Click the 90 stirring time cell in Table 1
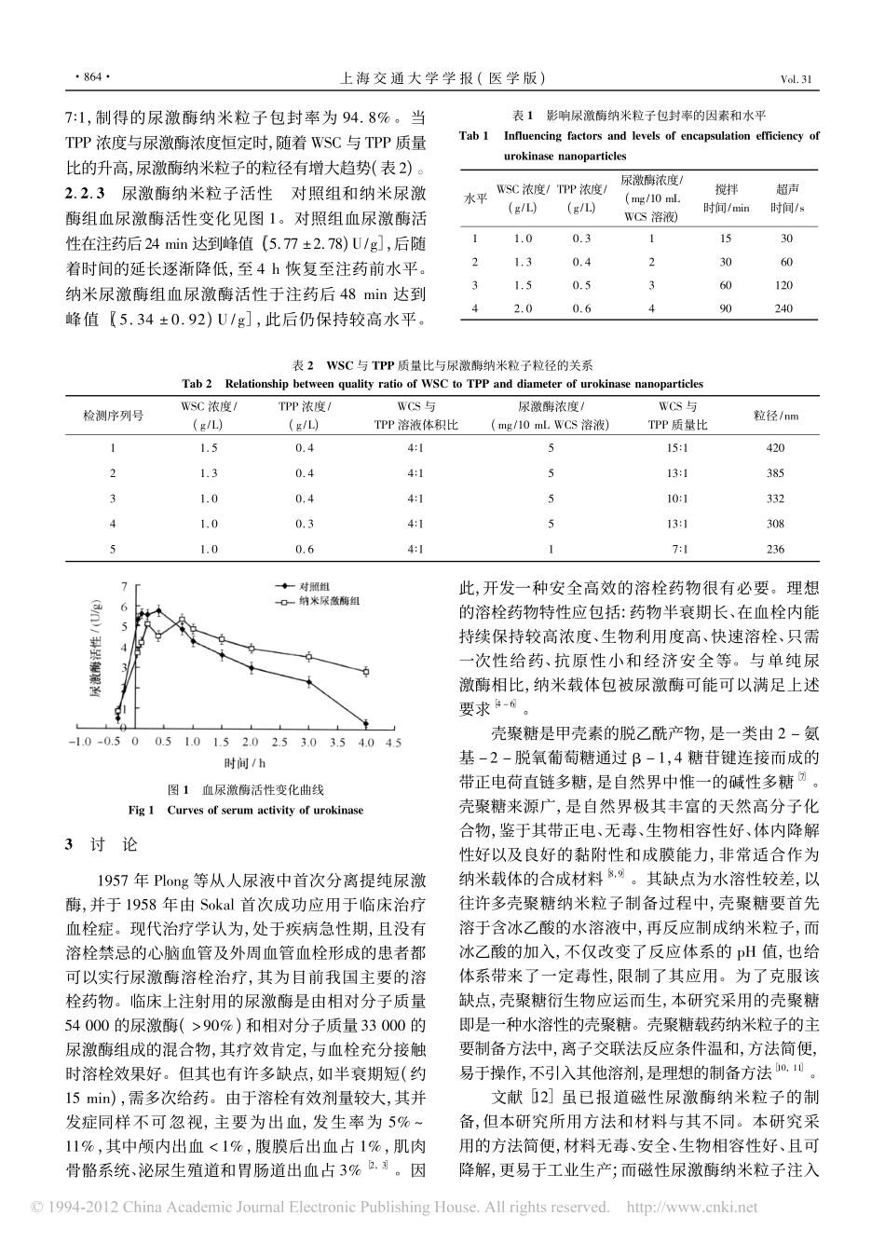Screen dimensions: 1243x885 click(726, 308)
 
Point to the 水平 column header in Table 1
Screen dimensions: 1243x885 click(475, 198)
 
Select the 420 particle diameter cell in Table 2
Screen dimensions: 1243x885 click(775, 448)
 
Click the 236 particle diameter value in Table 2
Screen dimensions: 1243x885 click(775, 550)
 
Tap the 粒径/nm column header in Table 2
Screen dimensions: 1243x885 click(775, 416)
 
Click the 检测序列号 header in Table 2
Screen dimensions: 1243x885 click(114, 416)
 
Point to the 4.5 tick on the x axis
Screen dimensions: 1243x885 click(392, 743)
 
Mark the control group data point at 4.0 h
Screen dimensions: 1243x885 click(365, 723)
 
